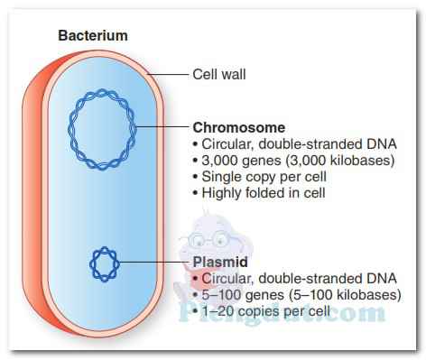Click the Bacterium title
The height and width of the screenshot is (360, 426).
pyautogui.click(x=93, y=36)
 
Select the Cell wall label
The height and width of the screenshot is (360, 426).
pyautogui.click(x=220, y=74)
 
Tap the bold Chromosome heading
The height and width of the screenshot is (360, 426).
pyautogui.click(x=239, y=127)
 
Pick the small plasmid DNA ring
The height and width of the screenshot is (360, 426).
pyautogui.click(x=105, y=263)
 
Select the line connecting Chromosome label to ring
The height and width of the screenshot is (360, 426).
pyautogui.click(x=167, y=128)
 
